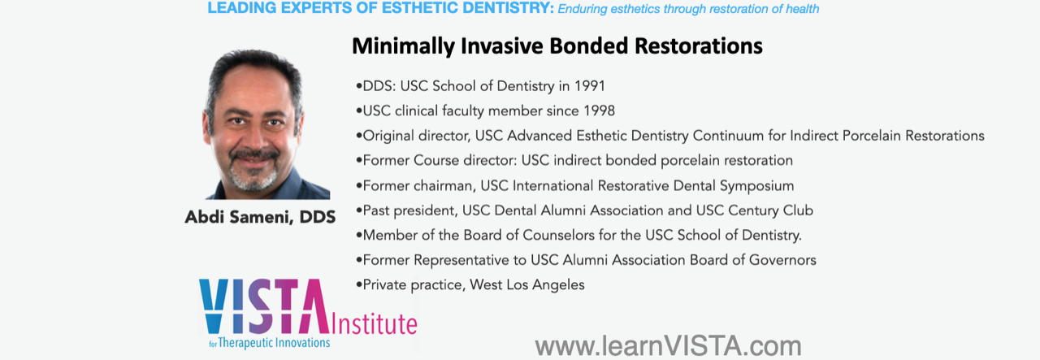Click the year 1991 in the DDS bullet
pos(589,86)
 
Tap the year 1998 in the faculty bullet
pos(599,111)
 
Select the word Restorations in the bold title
pos(698,46)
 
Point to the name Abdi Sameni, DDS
pos(260,218)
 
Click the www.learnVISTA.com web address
pos(668,346)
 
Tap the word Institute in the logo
pos(375,323)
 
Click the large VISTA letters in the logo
pos(264,306)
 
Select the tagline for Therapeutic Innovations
pos(269,343)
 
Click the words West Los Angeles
pos(527,284)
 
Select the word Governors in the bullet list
pos(782,260)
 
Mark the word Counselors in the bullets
pos(558,235)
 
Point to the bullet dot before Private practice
pos(358,284)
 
